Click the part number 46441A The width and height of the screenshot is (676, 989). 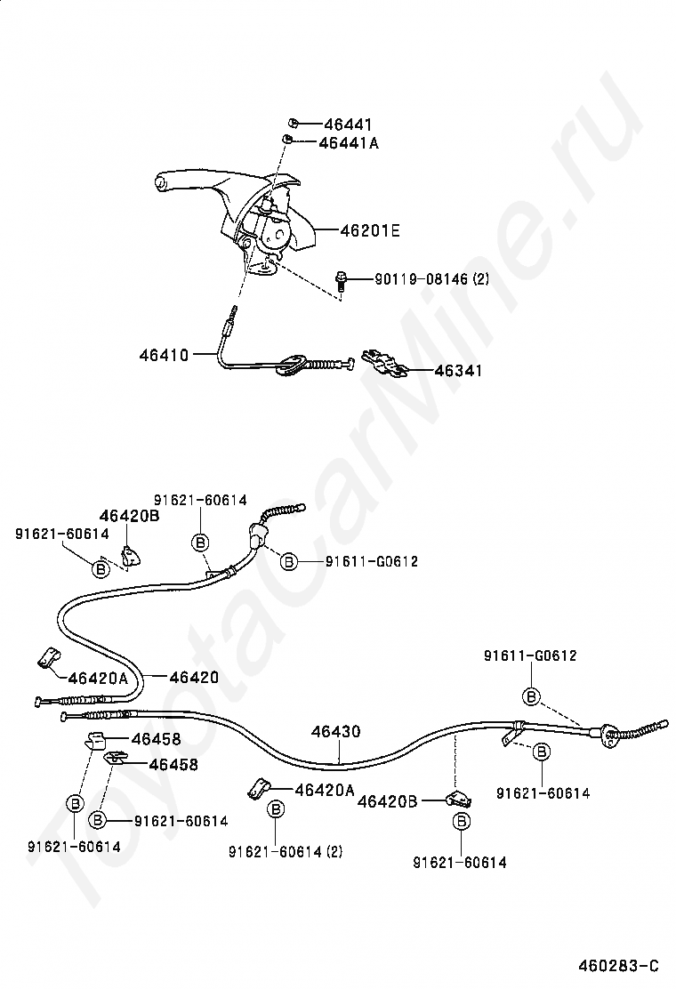pos(348,143)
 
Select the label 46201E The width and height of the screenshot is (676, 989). pos(369,231)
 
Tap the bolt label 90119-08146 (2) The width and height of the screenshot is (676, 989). pos(431,278)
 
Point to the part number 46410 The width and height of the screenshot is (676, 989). pos(164,355)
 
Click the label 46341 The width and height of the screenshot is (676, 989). pos(458,371)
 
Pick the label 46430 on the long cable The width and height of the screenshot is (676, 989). pos(335,732)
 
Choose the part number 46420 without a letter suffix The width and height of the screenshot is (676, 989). pos(194,678)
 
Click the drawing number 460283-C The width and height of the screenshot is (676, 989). pos(618,966)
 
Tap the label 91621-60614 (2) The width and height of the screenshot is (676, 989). pos(286,851)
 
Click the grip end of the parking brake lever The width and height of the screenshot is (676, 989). pos(161,183)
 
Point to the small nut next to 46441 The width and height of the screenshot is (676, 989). pos(294,123)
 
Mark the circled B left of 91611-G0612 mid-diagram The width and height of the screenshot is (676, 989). pos(288,561)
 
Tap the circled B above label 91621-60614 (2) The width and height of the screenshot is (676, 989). pos(276,809)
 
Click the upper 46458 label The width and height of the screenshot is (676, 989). pos(156,738)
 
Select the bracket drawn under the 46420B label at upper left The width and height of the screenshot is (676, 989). pos(131,556)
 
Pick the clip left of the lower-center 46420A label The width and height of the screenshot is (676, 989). pos(258,789)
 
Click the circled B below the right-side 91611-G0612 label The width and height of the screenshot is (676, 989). pos(532,697)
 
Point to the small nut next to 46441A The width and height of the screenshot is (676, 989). pos(286,140)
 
